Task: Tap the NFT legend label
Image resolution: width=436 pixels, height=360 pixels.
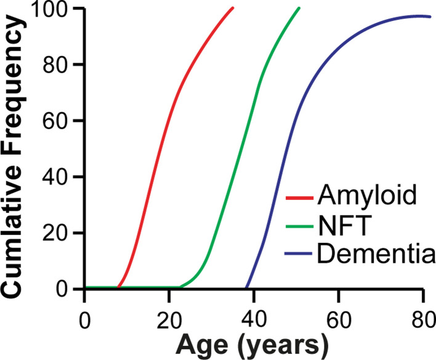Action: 345,226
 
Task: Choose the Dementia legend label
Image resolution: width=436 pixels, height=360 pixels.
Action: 376,253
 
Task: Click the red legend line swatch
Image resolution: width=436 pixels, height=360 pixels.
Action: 299,198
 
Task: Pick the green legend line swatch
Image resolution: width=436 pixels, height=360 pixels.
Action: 299,226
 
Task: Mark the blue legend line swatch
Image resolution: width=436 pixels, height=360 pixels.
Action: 299,253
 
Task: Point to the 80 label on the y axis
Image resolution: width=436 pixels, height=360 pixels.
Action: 55,64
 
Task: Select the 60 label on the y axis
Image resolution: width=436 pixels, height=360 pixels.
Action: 55,120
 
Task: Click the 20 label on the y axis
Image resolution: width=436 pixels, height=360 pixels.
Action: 55,232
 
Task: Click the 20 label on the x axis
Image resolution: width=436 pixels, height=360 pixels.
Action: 169,321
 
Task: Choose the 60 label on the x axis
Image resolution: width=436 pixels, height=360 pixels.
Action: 339,321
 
